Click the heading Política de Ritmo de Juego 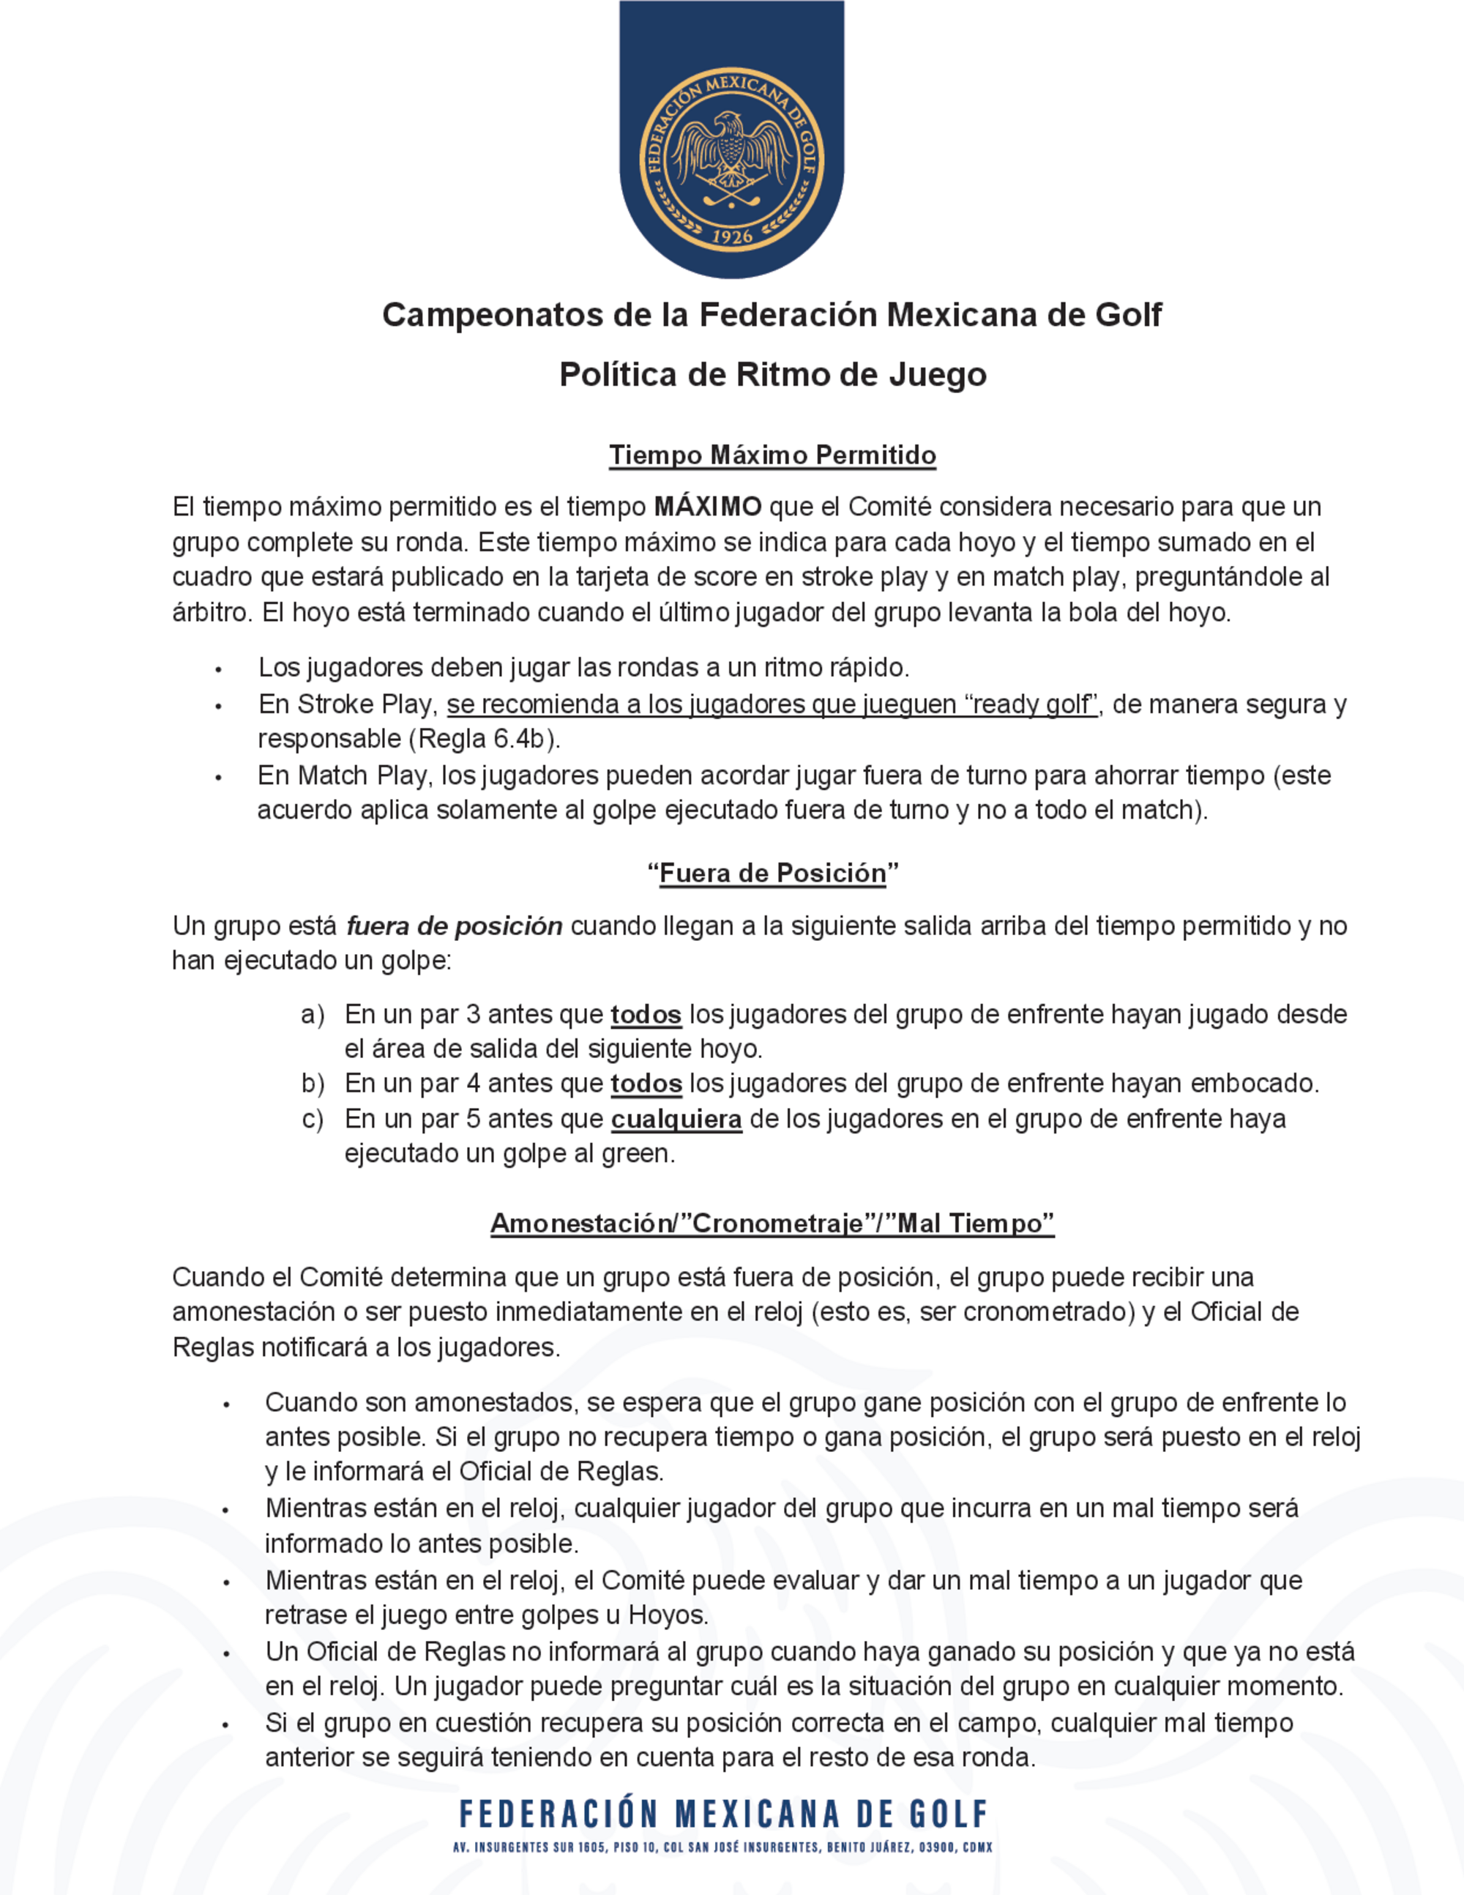click(x=773, y=375)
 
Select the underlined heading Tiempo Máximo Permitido click(x=772, y=455)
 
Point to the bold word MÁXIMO click(x=708, y=507)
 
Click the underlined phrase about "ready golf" click(x=772, y=704)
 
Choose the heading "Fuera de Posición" click(x=773, y=874)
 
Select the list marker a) click(x=313, y=1014)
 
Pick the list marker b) click(x=313, y=1084)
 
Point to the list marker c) click(x=313, y=1120)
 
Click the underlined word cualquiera click(x=676, y=1120)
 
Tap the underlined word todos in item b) click(x=646, y=1084)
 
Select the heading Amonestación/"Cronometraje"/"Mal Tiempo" click(x=772, y=1224)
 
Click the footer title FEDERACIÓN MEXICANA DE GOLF click(x=723, y=1814)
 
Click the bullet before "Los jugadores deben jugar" click(x=219, y=670)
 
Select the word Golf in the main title click(x=1127, y=315)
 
